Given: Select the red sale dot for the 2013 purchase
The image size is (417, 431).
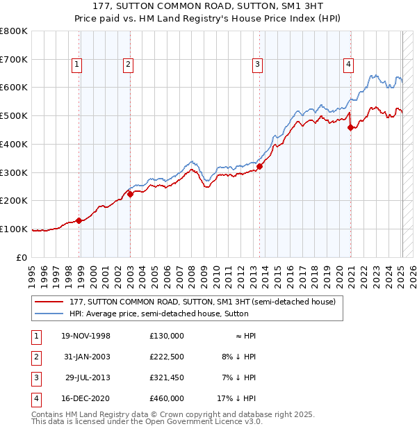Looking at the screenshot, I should click(x=259, y=166).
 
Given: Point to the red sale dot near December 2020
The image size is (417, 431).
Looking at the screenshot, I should click(x=350, y=127).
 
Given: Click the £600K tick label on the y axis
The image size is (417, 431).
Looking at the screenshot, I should click(x=14, y=88).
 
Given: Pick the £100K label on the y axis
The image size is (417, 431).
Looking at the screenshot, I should click(x=14, y=229).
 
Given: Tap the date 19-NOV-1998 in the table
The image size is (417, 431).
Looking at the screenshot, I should click(x=86, y=336).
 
